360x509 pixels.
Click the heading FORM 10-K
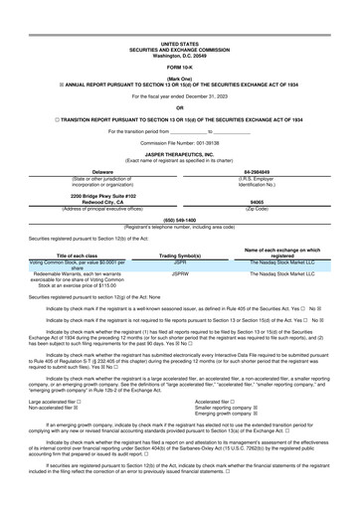[x=179, y=39]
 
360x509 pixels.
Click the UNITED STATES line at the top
[x=179, y=17]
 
